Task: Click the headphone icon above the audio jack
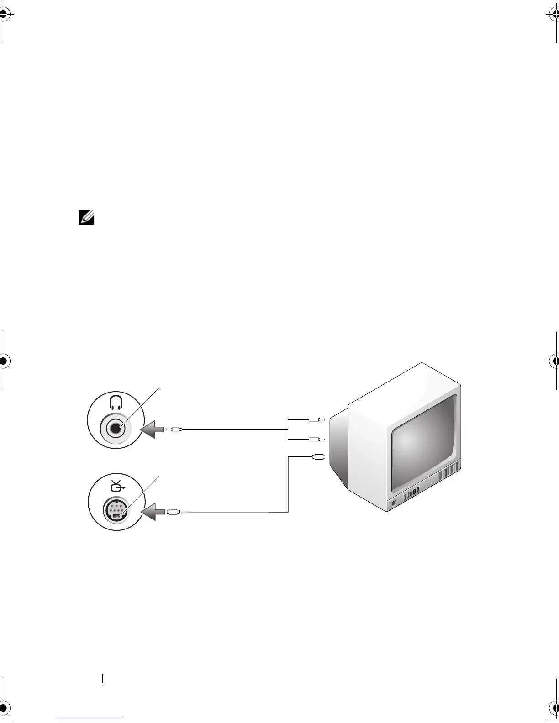(x=116, y=402)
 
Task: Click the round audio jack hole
(x=116, y=428)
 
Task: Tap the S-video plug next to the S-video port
(x=174, y=512)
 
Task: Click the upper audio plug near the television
(x=316, y=419)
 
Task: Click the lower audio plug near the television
(x=316, y=440)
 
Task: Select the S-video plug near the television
(x=318, y=456)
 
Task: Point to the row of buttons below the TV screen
(x=411, y=495)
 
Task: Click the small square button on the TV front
(x=394, y=504)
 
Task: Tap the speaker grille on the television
(x=450, y=475)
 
